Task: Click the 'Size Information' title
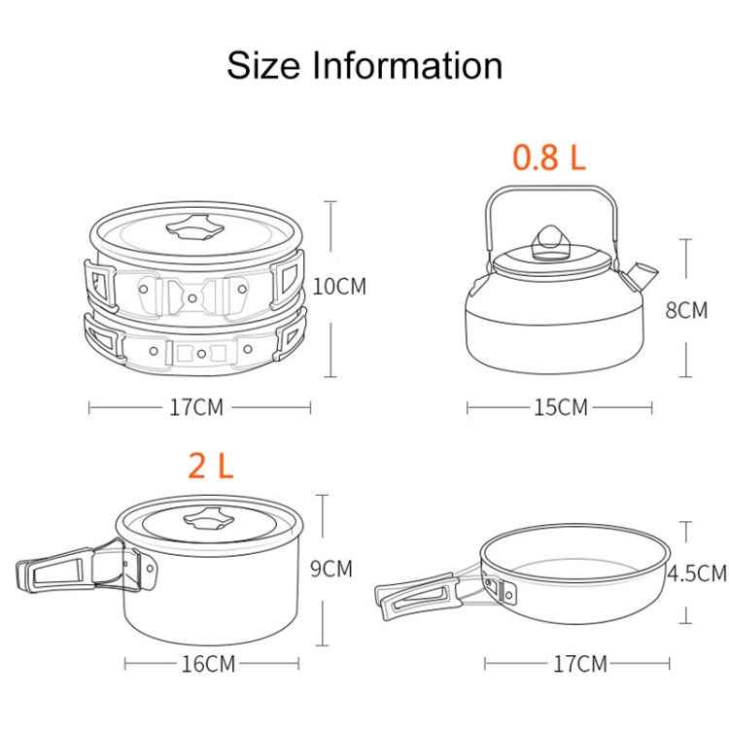click(x=364, y=65)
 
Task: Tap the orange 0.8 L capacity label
click(x=549, y=156)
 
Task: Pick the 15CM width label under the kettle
click(x=559, y=407)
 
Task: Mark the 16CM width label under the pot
click(x=208, y=665)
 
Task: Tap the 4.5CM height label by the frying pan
click(x=696, y=573)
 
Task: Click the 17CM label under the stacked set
click(x=195, y=407)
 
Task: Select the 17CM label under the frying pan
click(x=578, y=665)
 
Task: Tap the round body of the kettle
click(x=549, y=326)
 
